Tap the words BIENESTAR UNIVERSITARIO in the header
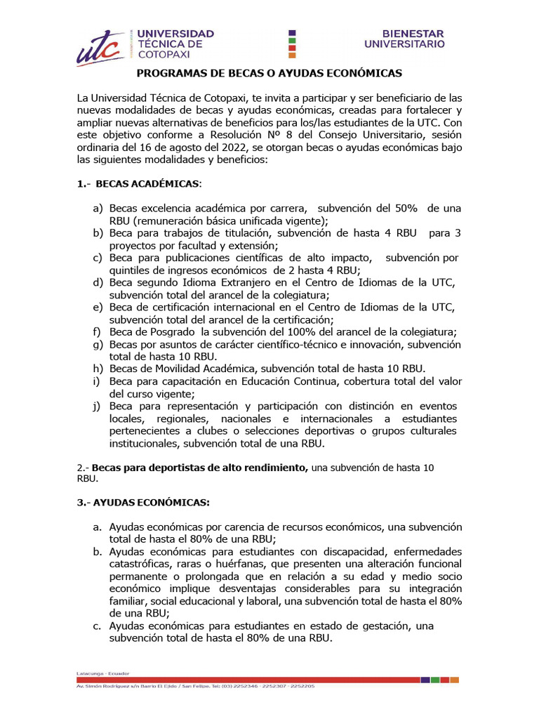click(404, 39)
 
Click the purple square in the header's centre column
click(293, 32)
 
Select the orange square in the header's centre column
click(293, 55)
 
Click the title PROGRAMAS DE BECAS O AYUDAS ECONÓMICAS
click(269, 73)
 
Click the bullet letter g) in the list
click(97, 344)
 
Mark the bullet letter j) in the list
click(97, 406)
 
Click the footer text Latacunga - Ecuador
click(98, 673)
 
